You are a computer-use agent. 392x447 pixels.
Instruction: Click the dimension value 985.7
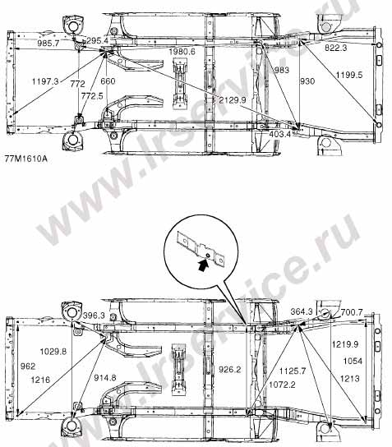[x=48, y=44]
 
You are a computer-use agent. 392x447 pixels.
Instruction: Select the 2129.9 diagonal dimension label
[x=233, y=99]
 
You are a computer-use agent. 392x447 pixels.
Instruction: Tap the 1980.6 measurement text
[x=182, y=52]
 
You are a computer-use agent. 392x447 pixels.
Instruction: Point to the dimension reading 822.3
[x=336, y=48]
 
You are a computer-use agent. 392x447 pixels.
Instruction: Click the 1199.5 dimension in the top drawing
[x=349, y=75]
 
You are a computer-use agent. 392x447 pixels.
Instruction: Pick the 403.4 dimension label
[x=280, y=134]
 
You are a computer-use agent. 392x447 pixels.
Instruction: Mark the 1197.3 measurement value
[x=45, y=81]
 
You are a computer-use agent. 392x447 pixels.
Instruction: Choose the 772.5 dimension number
[x=92, y=96]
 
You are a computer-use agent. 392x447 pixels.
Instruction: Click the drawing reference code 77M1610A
[x=26, y=159]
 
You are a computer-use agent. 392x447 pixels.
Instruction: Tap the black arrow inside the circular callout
[x=203, y=265]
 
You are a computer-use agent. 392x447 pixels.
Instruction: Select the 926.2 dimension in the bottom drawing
[x=230, y=370]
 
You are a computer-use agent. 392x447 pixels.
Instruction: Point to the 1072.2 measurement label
[x=282, y=385]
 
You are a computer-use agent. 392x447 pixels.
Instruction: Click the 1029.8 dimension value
[x=53, y=352]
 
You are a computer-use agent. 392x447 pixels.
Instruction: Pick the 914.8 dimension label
[x=105, y=378]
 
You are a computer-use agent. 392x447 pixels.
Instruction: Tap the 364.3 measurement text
[x=302, y=311]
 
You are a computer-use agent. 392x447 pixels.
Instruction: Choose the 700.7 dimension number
[x=352, y=312]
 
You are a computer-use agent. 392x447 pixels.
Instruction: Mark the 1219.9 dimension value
[x=345, y=344]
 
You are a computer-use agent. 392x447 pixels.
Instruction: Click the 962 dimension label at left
[x=28, y=366]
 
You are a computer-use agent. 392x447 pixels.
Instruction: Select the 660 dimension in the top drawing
[x=108, y=81]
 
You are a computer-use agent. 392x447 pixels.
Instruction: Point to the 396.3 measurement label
[x=94, y=316]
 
